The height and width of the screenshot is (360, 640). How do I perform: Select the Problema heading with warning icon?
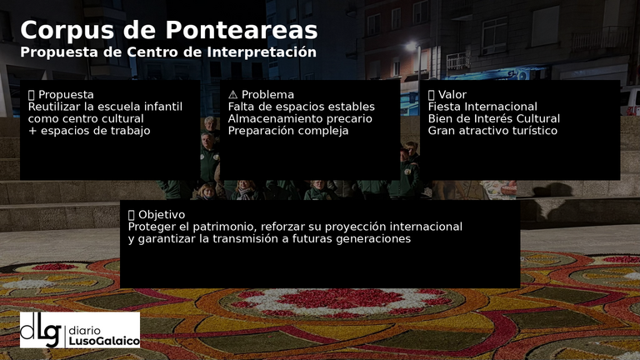tap(261, 94)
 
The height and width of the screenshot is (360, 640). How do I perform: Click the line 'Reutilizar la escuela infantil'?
tap(105, 107)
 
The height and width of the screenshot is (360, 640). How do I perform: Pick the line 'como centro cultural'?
tap(87, 118)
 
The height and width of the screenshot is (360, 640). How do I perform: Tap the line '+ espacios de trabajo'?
tap(89, 131)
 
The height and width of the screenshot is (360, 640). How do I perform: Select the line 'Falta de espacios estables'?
tap(301, 107)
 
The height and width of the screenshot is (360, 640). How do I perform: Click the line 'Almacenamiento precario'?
tap(300, 118)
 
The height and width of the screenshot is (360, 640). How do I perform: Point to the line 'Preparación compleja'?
tap(287, 131)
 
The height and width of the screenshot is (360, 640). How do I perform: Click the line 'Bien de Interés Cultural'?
tap(493, 118)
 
